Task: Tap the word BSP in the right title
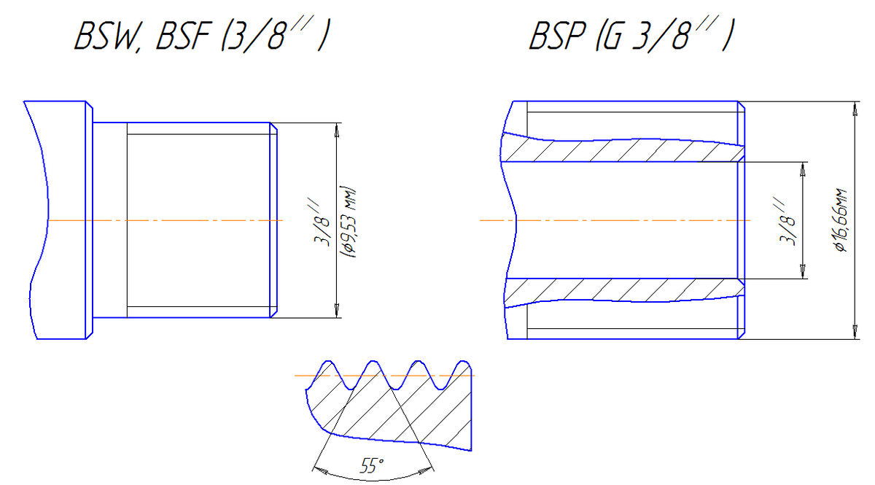558,36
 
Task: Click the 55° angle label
371,466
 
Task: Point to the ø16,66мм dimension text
840,220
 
